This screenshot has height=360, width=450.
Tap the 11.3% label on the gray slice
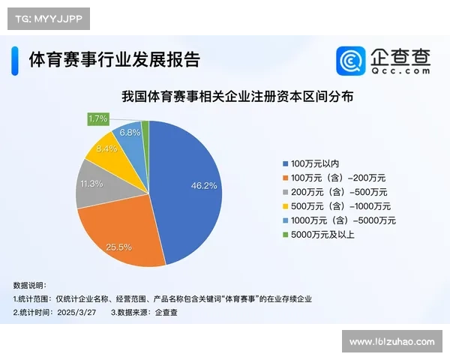click(x=93, y=182)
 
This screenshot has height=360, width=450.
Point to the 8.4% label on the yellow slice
click(x=107, y=149)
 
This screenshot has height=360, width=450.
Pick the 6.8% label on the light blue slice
click(x=130, y=133)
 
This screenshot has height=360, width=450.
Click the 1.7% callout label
click(x=98, y=118)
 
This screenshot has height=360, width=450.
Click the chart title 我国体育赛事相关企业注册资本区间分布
click(x=237, y=97)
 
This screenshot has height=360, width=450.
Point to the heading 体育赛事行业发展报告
click(x=114, y=59)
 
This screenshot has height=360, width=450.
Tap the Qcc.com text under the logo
click(x=401, y=70)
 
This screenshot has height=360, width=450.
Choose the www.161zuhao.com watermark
click(x=391, y=342)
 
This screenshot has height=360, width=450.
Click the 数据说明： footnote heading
click(x=30, y=285)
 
